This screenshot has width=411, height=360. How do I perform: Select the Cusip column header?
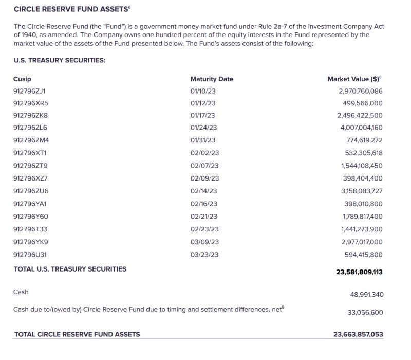22,79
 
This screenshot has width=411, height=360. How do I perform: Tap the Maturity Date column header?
211,79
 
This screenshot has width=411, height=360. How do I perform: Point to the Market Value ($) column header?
354,79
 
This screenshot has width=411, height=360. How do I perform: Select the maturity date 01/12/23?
202,103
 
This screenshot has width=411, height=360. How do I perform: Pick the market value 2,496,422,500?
360,115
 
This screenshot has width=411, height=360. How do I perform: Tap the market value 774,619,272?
364,140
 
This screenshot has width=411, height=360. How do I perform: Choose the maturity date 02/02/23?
204,153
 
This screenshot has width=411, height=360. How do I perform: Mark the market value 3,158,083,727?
362,191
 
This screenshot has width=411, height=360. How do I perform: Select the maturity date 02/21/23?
203,217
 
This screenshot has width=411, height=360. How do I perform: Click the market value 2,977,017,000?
362,242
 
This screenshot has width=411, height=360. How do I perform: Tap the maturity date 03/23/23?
204,254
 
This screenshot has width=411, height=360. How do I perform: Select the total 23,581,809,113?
359,272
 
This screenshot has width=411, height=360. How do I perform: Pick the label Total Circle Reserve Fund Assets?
77,334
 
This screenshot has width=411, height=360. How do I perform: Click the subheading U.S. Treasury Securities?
60,60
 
